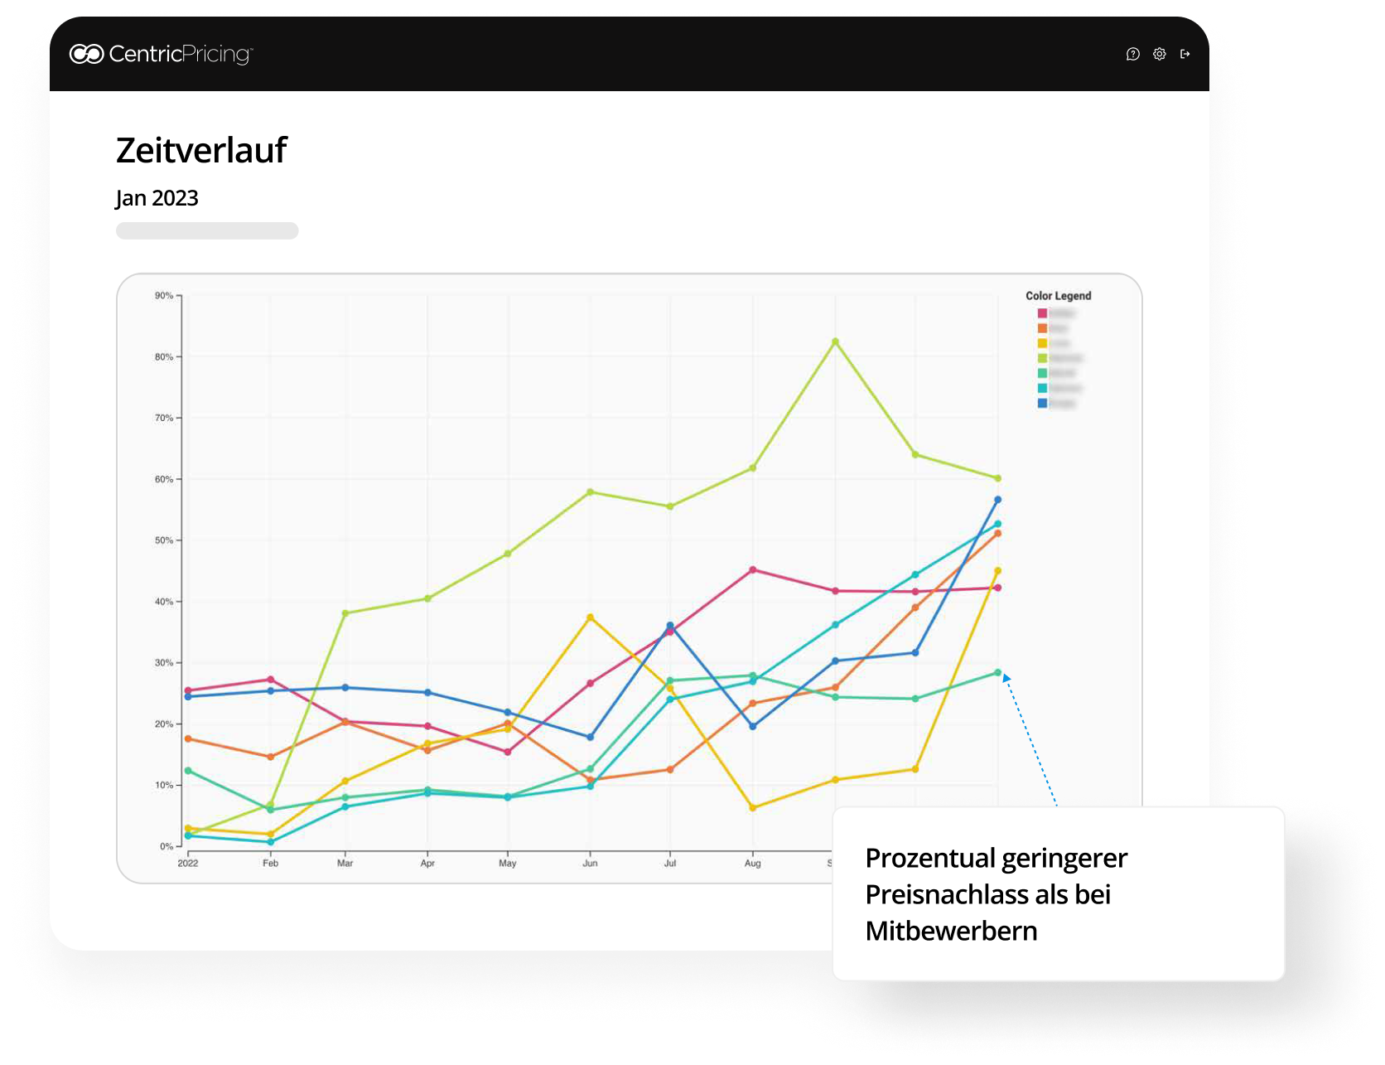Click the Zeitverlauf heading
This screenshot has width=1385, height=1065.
(x=201, y=150)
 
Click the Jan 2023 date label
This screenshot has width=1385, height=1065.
(x=157, y=198)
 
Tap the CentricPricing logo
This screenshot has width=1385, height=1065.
(x=162, y=54)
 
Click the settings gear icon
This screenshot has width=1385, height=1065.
(x=1160, y=54)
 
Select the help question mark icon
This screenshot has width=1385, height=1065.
(x=1133, y=54)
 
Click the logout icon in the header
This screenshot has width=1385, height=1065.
(x=1185, y=54)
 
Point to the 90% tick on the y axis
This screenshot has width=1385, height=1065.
(x=164, y=296)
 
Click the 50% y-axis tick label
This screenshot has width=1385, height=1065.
(x=164, y=540)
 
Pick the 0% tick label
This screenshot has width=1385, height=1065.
(x=166, y=846)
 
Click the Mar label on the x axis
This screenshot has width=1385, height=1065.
(x=345, y=863)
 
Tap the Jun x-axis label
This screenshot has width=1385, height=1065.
(x=590, y=863)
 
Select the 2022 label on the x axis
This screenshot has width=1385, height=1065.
(x=188, y=863)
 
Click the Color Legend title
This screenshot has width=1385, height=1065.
(x=1058, y=296)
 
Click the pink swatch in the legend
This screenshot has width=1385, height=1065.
(x=1042, y=313)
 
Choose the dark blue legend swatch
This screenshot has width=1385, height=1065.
(x=1042, y=404)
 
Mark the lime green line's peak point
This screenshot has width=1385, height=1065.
(x=835, y=341)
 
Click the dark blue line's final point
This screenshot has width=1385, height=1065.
(x=997, y=500)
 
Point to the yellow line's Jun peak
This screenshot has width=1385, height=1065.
(x=590, y=617)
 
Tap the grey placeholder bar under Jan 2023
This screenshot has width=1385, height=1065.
(x=207, y=230)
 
